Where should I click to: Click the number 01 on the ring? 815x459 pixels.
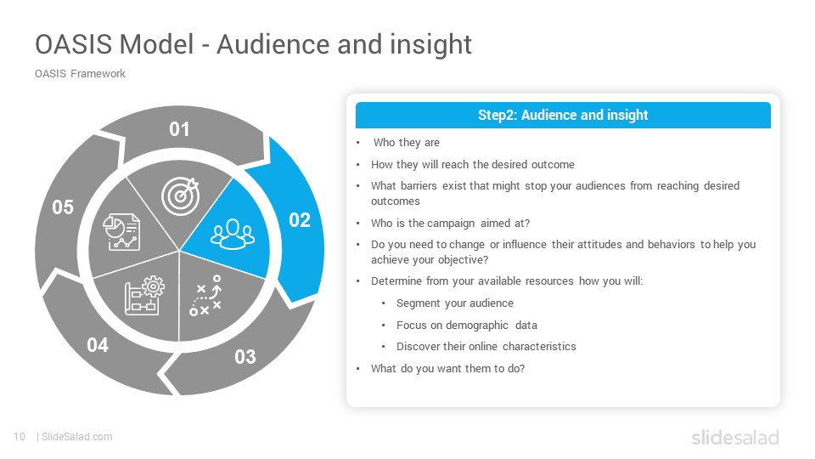[179, 129]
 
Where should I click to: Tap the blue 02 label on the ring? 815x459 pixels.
[300, 220]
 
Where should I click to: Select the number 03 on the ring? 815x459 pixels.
[244, 357]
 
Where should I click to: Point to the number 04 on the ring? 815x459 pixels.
[98, 345]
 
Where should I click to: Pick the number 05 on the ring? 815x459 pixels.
[63, 207]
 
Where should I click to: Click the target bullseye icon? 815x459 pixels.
[180, 196]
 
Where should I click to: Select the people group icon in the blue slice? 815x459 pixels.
[233, 235]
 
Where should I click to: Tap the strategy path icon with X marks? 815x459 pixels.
[205, 296]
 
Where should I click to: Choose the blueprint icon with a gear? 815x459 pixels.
[144, 296]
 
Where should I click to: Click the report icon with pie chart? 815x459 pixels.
[121, 232]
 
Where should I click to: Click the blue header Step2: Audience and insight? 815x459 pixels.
[563, 115]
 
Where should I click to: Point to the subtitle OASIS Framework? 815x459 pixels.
[80, 74]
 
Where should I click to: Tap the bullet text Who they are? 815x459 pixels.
[407, 143]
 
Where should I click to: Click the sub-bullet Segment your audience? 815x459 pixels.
[455, 303]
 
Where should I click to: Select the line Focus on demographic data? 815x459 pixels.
[467, 326]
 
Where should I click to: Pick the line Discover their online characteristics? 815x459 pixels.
[486, 347]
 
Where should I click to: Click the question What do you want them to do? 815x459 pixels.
[447, 368]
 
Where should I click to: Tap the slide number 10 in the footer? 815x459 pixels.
[20, 437]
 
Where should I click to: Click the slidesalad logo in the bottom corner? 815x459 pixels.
[735, 437]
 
